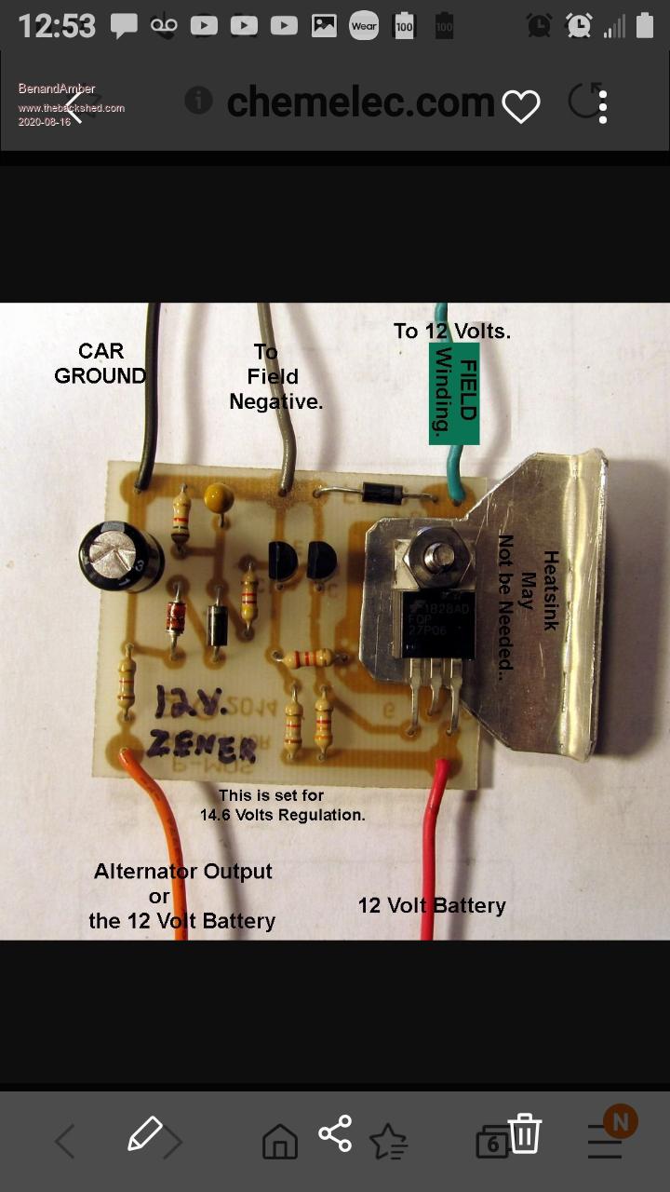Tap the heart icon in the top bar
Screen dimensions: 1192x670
pos(521,107)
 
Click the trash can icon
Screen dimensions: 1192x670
pos(525,1135)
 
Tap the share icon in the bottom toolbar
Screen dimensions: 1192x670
pos(335,1133)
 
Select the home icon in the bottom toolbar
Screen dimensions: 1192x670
pos(280,1141)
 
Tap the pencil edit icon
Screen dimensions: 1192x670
pos(144,1133)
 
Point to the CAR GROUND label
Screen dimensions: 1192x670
pos(100,363)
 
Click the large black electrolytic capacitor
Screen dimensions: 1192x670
pos(121,557)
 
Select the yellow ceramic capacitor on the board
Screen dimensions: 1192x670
pos(218,497)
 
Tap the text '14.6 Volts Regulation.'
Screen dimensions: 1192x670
pos(283,815)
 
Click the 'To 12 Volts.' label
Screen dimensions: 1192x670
pos(452,331)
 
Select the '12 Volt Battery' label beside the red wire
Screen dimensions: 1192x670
pos(432,905)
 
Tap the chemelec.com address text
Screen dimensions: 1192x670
pos(360,102)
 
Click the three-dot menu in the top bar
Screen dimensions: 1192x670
pos(603,107)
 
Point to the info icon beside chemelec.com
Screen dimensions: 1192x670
pos(198,101)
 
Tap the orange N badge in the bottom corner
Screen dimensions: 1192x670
pos(620,1121)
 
